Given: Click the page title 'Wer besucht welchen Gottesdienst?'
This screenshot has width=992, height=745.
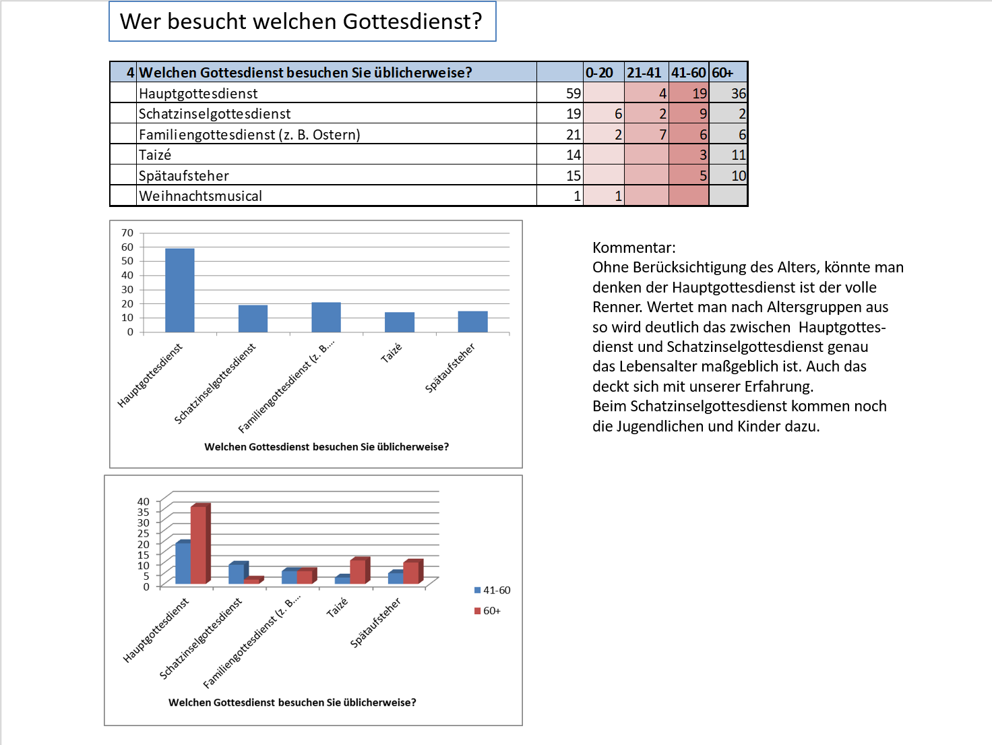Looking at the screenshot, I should coord(301,22).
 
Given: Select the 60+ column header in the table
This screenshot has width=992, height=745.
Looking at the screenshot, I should coord(722,73).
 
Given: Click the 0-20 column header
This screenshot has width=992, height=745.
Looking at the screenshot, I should coord(599,73).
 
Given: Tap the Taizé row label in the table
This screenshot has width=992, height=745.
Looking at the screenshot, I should coord(155,155).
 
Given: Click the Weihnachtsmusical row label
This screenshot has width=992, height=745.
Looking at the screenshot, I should coord(200,196).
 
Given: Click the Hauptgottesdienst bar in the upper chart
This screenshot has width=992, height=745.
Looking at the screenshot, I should coord(180,290).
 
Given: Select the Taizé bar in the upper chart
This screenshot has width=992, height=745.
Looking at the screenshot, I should coord(400,322).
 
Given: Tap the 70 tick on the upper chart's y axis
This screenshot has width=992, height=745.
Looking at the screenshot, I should coord(127,233).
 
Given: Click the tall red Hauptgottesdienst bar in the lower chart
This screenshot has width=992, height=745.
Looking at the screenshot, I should coord(199,545).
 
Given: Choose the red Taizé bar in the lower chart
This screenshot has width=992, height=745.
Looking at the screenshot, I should coord(358,572).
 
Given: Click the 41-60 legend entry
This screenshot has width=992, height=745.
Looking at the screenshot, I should coord(493,591).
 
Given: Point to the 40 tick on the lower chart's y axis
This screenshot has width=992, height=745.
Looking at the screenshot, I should coord(144,502).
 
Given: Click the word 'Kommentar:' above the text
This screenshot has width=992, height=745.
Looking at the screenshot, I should coord(633,247).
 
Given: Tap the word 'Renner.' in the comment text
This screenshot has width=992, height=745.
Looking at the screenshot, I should coord(617,307).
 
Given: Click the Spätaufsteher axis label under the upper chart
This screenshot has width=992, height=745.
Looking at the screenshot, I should coord(449,367).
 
